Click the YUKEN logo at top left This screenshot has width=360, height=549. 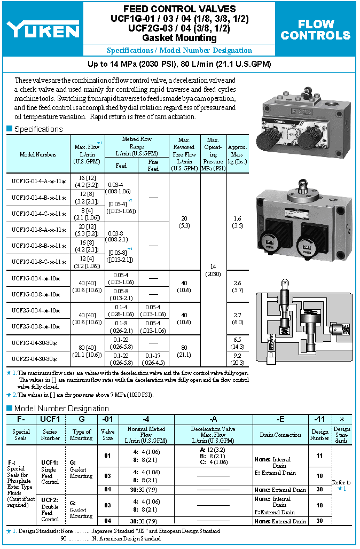pyautogui.click(x=43, y=30)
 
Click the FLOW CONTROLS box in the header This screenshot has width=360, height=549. pyautogui.click(x=315, y=30)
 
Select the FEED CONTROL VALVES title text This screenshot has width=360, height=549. pyautogui.click(x=179, y=9)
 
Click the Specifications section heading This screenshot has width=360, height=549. pyautogui.click(x=38, y=129)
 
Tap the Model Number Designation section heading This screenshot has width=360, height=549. pyautogui.click(x=61, y=409)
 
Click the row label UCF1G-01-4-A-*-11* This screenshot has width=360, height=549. pyautogui.click(x=38, y=181)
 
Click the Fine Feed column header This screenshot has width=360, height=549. pyautogui.click(x=153, y=166)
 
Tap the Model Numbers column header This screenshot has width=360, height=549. pyautogui.click(x=38, y=154)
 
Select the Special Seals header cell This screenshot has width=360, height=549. pyautogui.click(x=21, y=435)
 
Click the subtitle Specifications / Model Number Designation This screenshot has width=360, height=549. pyautogui.click(x=179, y=51)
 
